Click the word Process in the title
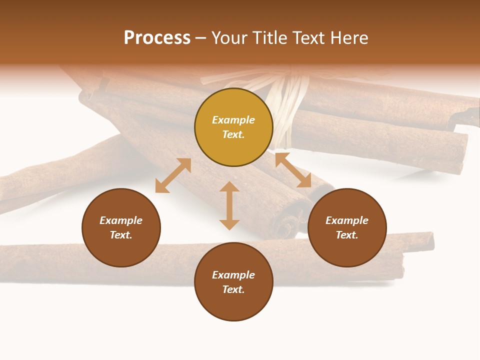click(x=157, y=38)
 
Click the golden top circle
click(x=233, y=127)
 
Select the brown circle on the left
click(x=121, y=227)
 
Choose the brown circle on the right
click(x=347, y=227)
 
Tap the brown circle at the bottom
click(x=233, y=282)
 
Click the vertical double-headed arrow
click(x=229, y=205)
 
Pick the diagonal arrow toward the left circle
click(x=173, y=175)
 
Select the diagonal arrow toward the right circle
click(x=293, y=170)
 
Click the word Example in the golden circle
click(x=233, y=120)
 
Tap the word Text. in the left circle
click(x=121, y=235)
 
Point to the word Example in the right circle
click(x=347, y=220)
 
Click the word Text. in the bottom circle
click(x=233, y=289)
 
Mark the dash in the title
click(x=201, y=38)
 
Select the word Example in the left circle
click(x=121, y=220)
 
